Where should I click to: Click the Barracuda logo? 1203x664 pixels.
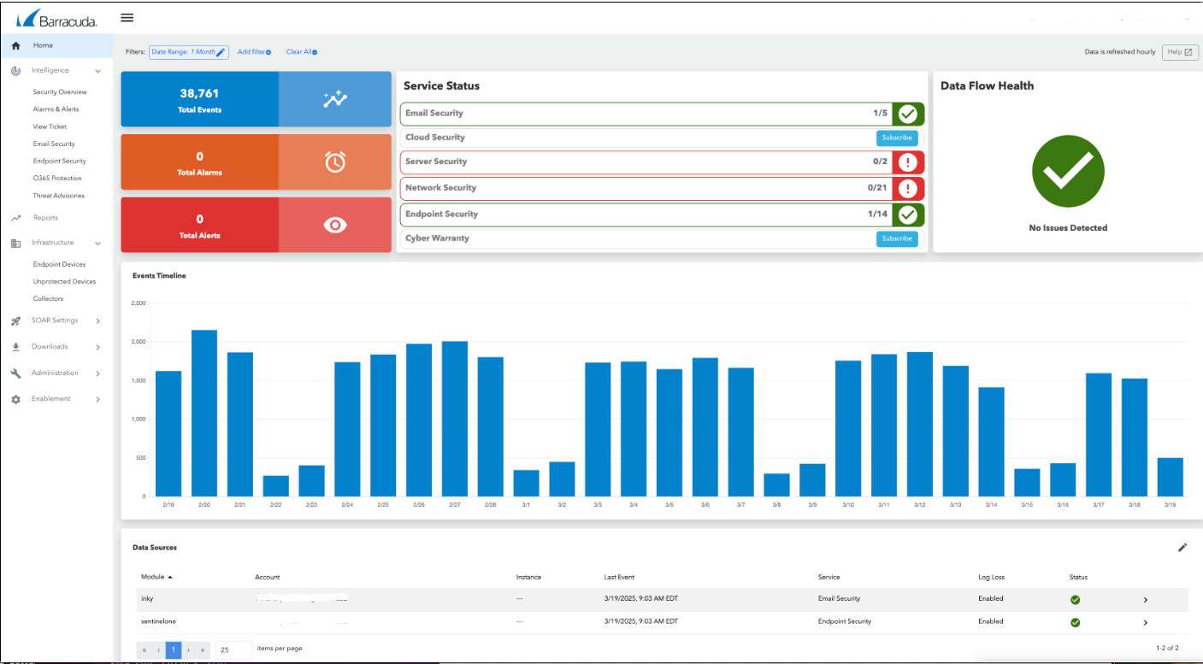click(x=56, y=18)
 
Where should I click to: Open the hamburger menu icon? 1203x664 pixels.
click(x=127, y=17)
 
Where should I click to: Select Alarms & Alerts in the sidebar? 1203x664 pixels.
click(x=56, y=109)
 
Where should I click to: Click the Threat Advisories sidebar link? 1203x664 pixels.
click(x=58, y=196)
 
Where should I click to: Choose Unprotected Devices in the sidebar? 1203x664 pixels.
click(x=64, y=281)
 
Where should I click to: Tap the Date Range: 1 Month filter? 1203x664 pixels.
click(x=188, y=52)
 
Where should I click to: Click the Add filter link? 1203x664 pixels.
click(x=254, y=52)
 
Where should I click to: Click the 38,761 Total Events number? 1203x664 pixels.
click(x=199, y=93)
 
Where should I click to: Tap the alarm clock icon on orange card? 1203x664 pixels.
click(x=335, y=162)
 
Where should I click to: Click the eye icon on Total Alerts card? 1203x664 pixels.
click(x=335, y=225)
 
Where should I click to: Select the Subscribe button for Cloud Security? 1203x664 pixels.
click(x=897, y=138)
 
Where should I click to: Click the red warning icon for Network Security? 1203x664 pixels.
click(x=908, y=188)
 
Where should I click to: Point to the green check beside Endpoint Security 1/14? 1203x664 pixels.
click(x=908, y=214)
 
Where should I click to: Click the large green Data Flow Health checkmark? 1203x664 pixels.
click(x=1068, y=171)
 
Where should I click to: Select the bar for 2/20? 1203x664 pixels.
click(x=203, y=413)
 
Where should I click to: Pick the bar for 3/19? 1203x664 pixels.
click(x=1170, y=477)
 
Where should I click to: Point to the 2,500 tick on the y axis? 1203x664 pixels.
click(x=138, y=303)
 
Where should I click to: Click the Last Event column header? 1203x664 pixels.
click(x=619, y=577)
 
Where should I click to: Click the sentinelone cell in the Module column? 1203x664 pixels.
click(x=158, y=621)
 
